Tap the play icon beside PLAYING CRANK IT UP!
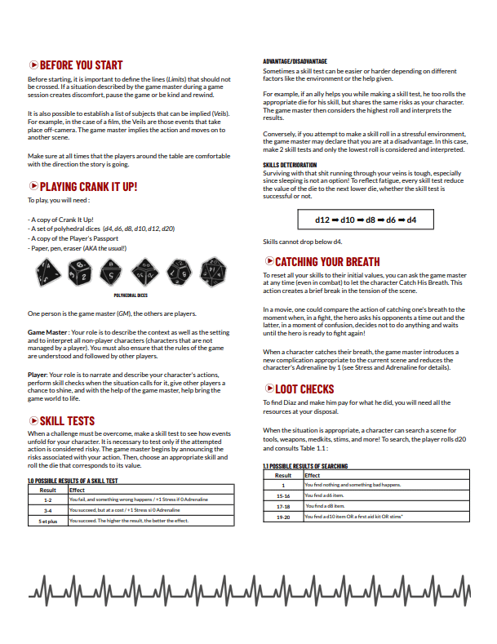click(x=33, y=187)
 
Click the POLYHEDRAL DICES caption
click(x=130, y=295)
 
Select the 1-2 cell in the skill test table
click(x=48, y=499)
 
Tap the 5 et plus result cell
click(x=48, y=519)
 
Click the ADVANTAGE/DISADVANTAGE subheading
click(x=295, y=61)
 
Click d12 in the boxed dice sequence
click(x=324, y=220)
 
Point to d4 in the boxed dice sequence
click(x=412, y=220)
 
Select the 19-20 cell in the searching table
click(x=283, y=517)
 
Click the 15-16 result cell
click(x=283, y=495)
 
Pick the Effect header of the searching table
click(x=313, y=475)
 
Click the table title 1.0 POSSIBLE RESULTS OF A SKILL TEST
click(x=73, y=481)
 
